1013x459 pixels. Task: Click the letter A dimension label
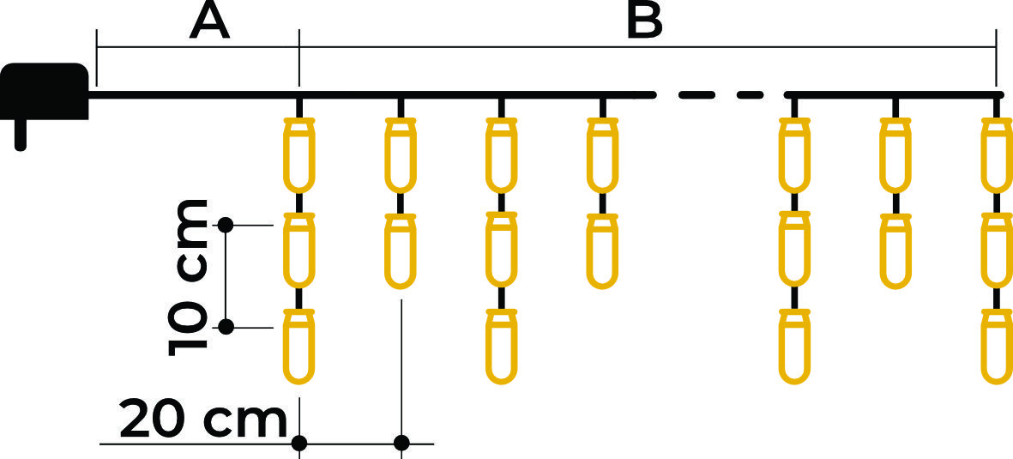tap(210, 21)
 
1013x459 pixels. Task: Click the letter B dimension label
tap(645, 21)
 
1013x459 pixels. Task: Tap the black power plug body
tap(45, 91)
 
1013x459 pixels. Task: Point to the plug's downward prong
tap(21, 135)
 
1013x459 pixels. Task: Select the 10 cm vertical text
tap(188, 278)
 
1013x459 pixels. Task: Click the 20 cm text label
tap(203, 422)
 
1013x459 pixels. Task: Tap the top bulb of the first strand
tap(299, 155)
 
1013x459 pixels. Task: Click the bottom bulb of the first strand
tap(299, 347)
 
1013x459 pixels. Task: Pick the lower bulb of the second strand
tap(401, 251)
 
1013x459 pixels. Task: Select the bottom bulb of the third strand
tap(502, 347)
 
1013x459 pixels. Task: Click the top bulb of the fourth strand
tap(603, 155)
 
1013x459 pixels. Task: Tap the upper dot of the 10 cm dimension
tap(226, 225)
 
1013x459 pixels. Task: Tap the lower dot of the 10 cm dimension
tap(226, 327)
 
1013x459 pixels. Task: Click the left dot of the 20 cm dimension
tap(299, 443)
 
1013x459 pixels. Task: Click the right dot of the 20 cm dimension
tap(401, 443)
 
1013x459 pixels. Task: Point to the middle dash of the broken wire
tap(696, 95)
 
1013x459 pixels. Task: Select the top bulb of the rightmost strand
tap(997, 155)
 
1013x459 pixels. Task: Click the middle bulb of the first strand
tap(299, 251)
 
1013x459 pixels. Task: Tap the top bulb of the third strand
tap(502, 155)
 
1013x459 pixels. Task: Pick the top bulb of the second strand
tap(401, 155)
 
